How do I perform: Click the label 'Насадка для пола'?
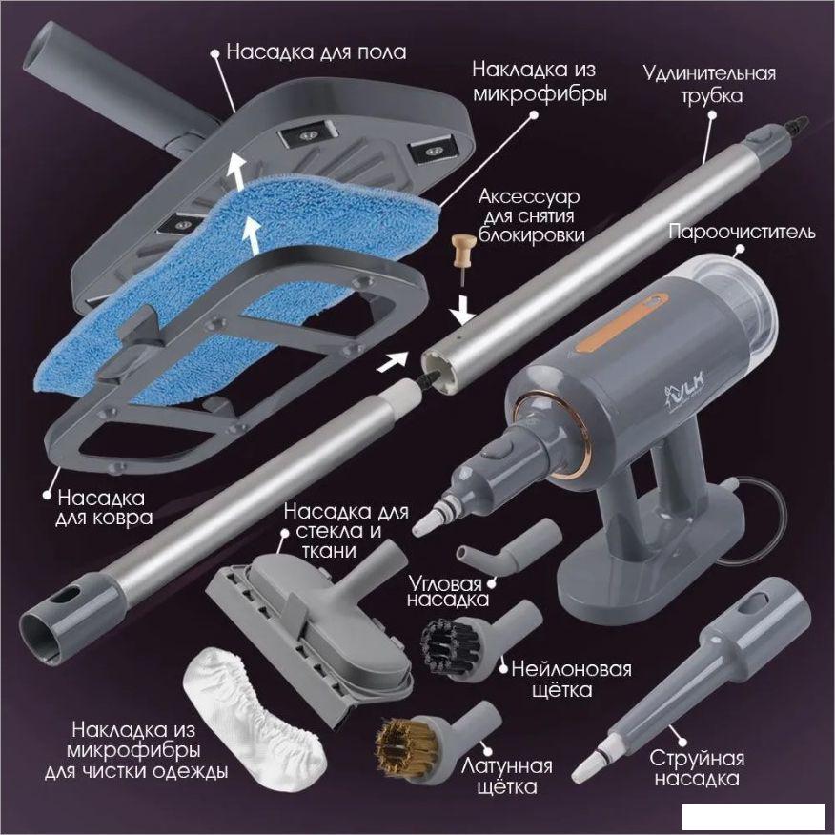tap(316, 52)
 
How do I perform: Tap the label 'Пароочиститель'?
tap(742, 233)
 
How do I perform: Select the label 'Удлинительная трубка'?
tap(710, 84)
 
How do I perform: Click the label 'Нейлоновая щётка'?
tap(571, 680)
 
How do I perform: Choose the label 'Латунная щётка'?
tap(506, 777)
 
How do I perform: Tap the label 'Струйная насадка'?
tap(697, 768)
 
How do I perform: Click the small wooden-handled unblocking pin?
tap(462, 259)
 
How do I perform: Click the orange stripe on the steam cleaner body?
tap(621, 322)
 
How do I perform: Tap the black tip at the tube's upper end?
tap(798, 126)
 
